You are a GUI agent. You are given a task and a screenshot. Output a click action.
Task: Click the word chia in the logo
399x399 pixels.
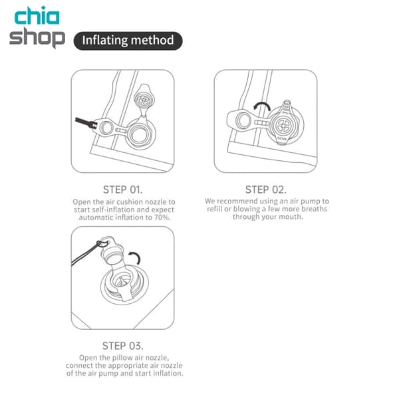point(37,15)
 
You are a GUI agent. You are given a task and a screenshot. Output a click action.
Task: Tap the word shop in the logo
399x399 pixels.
point(37,37)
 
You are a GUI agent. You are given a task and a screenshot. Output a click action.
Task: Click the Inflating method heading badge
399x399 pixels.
point(128,41)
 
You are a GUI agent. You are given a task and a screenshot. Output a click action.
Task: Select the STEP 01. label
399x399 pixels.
point(122,190)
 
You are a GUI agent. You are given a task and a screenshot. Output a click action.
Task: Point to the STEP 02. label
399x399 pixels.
point(265,190)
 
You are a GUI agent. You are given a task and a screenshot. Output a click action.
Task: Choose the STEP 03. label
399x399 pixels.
point(122,346)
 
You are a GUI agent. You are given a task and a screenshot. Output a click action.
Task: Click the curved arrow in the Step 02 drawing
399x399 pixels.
point(261,106)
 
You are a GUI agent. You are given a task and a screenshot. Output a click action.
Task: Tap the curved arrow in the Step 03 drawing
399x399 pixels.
point(134,258)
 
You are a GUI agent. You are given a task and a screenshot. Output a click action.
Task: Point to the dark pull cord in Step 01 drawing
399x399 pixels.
point(86,122)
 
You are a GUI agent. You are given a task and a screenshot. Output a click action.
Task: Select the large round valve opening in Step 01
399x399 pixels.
point(140,134)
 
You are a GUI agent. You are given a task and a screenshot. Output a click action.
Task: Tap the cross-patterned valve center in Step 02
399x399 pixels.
point(283,125)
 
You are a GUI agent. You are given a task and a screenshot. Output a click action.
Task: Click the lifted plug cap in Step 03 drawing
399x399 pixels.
point(112,251)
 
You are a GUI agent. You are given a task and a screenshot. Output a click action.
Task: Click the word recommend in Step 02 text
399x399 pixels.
point(237,201)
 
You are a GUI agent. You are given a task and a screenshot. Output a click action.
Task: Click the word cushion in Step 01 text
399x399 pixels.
point(128,202)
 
